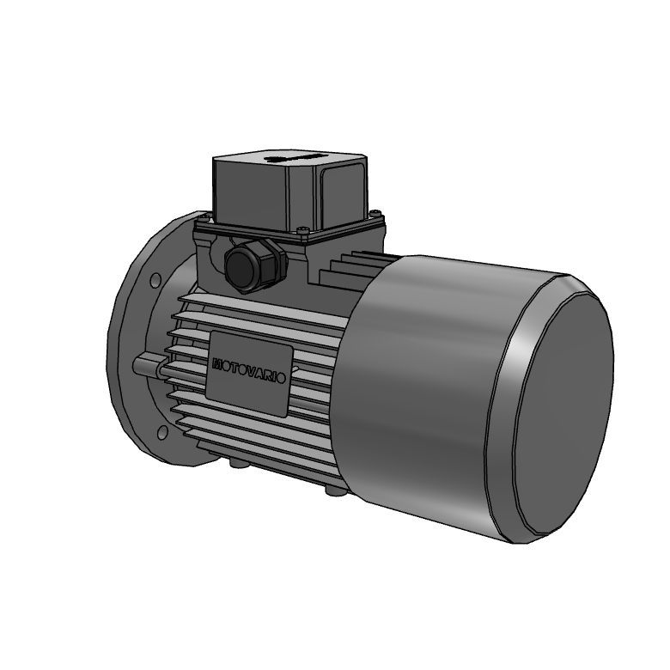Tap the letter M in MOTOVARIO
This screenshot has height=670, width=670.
tap(217, 364)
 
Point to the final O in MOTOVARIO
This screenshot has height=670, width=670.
tap(280, 378)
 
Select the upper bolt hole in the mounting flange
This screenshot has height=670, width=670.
tap(156, 280)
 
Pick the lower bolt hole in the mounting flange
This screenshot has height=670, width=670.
tap(162, 432)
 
